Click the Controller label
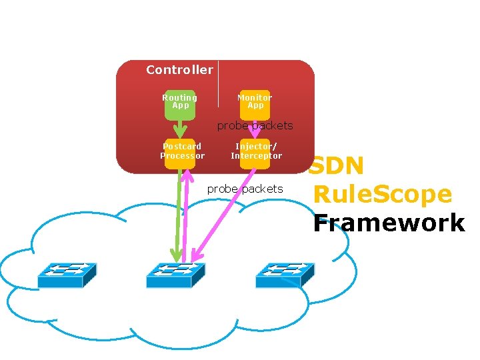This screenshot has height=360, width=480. click(179, 70)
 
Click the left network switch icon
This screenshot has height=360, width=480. click(67, 274)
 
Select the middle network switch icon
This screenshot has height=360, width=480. click(175, 274)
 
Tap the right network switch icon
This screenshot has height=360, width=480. click(285, 274)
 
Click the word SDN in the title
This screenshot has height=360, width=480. click(337, 166)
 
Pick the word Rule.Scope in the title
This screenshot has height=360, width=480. click(382, 195)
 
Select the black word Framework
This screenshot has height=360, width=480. click(389, 223)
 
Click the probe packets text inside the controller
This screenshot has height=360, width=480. click(255, 125)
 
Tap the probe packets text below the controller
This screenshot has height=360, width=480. click(245, 189)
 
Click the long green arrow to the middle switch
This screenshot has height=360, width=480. click(178, 213)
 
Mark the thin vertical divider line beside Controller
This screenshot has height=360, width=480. click(218, 83)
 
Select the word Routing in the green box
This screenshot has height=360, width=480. click(180, 98)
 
